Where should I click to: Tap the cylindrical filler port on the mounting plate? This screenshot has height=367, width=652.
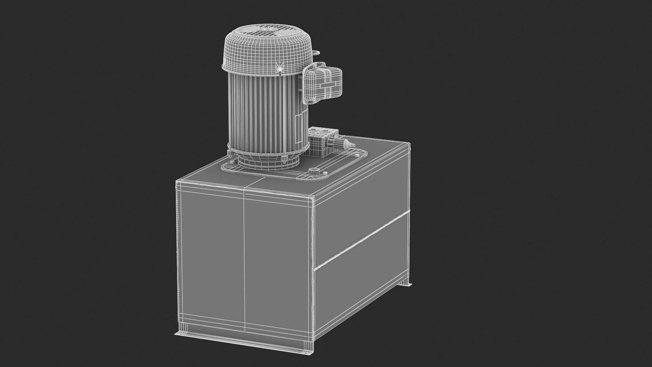(x=314, y=171)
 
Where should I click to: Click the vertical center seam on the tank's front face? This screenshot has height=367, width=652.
(x=244, y=260)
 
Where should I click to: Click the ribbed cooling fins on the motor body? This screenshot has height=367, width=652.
(x=260, y=113)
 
